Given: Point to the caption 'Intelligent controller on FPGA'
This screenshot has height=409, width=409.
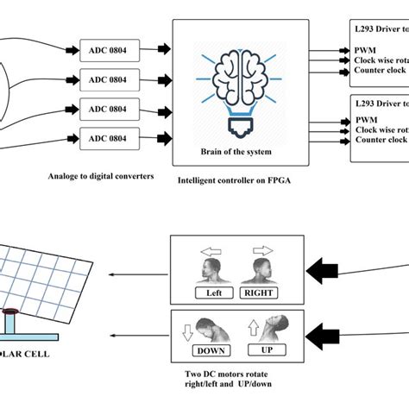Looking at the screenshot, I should pos(236,181).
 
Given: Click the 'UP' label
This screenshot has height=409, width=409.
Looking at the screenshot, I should pos(267,351).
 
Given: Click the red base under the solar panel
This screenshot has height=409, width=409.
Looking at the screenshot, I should pos(11,311).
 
